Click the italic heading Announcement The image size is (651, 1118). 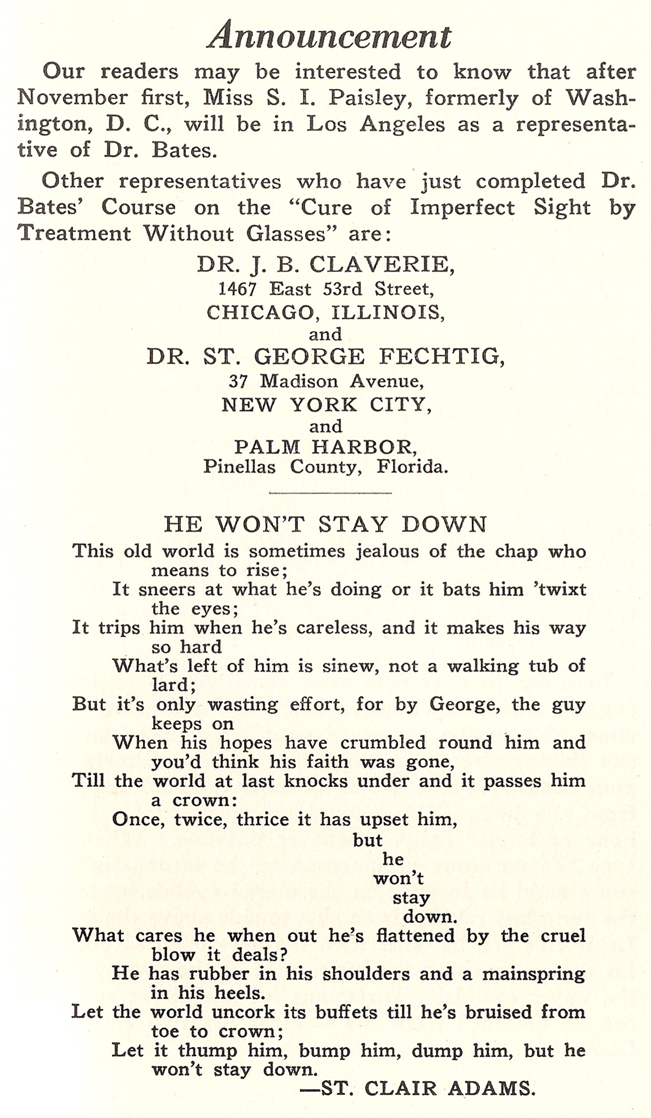click(329, 36)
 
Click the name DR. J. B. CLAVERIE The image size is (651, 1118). click(325, 264)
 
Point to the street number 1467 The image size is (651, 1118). click(238, 289)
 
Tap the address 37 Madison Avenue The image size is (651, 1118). click(325, 382)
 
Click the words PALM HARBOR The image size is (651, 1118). click(325, 447)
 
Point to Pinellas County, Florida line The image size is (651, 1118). click(325, 467)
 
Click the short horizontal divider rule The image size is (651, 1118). click(331, 493)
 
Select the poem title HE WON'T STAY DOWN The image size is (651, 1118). click(325, 524)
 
